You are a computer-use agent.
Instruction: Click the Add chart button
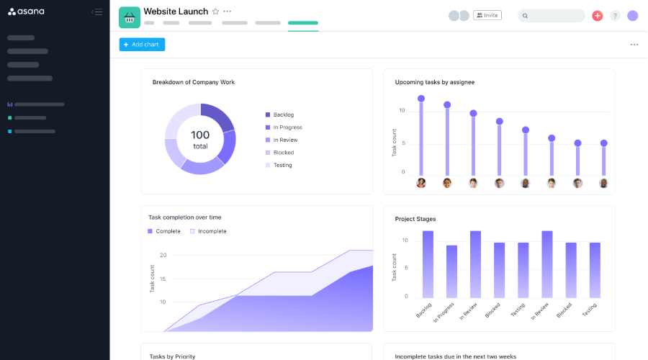142,45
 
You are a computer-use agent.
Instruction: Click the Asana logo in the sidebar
26,12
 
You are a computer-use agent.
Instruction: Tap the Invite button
487,15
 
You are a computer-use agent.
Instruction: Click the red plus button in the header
597,16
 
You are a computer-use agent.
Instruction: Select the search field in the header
552,16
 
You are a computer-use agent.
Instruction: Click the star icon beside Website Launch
215,12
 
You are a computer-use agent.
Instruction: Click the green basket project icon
130,17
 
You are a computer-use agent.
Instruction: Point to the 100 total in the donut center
200,139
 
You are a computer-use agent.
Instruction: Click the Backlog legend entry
283,114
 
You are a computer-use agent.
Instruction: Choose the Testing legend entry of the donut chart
282,165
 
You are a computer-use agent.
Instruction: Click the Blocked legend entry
283,153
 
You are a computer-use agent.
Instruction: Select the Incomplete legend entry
211,231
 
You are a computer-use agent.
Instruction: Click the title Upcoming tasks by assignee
434,82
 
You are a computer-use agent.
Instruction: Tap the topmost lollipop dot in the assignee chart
421,99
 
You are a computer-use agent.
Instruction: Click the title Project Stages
415,219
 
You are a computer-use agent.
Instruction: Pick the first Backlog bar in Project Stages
428,264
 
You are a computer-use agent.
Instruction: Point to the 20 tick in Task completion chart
163,255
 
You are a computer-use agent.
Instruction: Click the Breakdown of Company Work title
193,82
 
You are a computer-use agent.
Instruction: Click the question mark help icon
615,16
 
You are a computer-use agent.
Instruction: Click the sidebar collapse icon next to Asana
96,12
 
